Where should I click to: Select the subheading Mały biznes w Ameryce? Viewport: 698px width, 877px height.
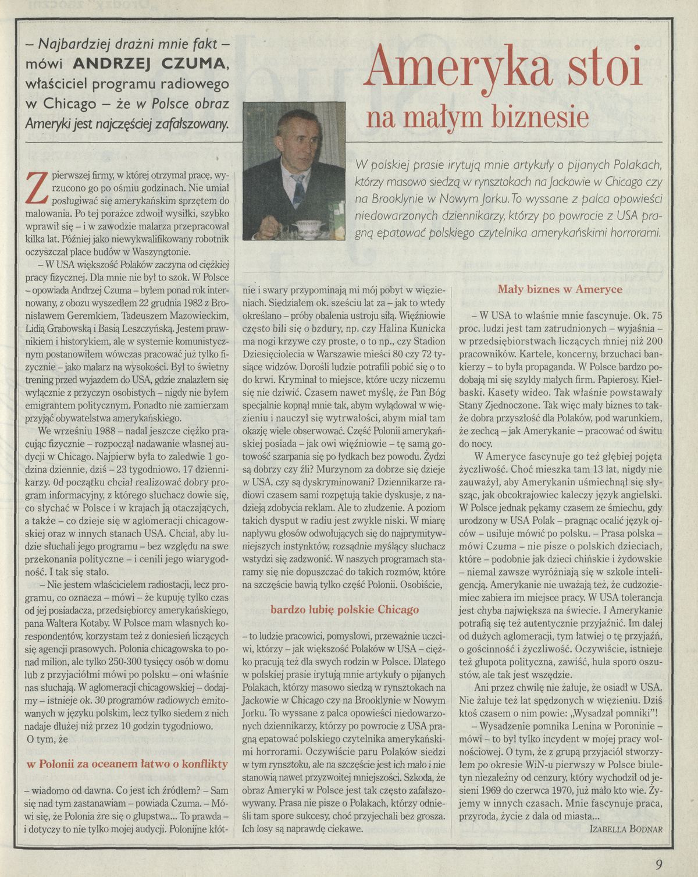click(x=560, y=289)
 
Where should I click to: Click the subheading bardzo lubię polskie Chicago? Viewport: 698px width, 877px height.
click(x=345, y=609)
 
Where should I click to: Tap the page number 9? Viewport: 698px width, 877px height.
click(x=658, y=864)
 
